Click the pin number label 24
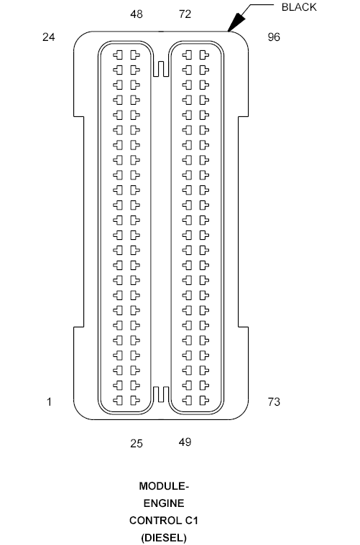pyautogui.click(x=49, y=37)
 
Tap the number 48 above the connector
pyautogui.click(x=137, y=14)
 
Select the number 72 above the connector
pyautogui.click(x=185, y=14)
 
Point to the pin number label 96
pyautogui.click(x=274, y=37)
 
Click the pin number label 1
pyautogui.click(x=49, y=402)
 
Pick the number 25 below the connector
pyautogui.click(x=137, y=443)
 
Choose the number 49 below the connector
pyautogui.click(x=185, y=442)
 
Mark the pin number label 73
pyautogui.click(x=274, y=402)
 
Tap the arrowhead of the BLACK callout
pyautogui.click(x=231, y=29)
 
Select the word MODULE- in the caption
pyautogui.click(x=162, y=486)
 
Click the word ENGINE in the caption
pyautogui.click(x=162, y=503)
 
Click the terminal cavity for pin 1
pyautogui.click(x=118, y=399)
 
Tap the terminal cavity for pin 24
pyautogui.click(x=118, y=55)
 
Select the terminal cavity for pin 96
pyautogui.click(x=203, y=55)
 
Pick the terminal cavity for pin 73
pyautogui.click(x=203, y=399)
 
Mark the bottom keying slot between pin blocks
pyautogui.click(x=160, y=394)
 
